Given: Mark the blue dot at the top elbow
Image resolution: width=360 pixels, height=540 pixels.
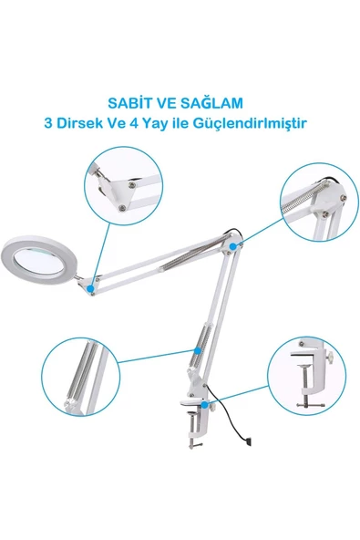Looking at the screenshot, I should tap(236, 246).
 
